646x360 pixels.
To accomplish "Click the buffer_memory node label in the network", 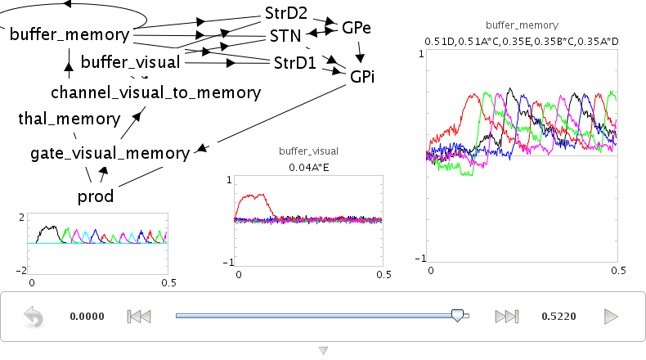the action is pos(70,34).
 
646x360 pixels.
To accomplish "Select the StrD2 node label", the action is pos(286,13).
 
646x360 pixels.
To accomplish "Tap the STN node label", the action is pos(285,36).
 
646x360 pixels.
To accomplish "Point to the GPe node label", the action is pos(357,28).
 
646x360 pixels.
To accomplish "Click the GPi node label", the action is pos(362,77).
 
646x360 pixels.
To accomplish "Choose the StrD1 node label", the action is pos(295,63).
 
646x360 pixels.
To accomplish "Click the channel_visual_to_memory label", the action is pos(155,92).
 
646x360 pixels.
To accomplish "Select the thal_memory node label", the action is pos(70,119).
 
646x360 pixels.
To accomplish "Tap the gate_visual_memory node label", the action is pos(110,153).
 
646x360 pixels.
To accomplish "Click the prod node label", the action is pos(96,196).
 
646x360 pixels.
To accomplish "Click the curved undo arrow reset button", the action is pos(34,317).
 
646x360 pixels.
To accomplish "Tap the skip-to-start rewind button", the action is pos(139,317).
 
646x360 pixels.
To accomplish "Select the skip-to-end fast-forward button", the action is pos(507,317).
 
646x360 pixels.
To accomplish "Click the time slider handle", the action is pos(457,316).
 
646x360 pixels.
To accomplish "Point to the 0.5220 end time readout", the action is pos(559,317).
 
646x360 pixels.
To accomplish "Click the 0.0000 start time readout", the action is pos(87,317).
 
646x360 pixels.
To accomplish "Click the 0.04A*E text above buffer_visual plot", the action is pos(308,168).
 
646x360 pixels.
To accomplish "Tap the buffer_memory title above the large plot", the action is pos(522,25).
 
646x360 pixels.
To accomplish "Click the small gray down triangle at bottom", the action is pos(324,350).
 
